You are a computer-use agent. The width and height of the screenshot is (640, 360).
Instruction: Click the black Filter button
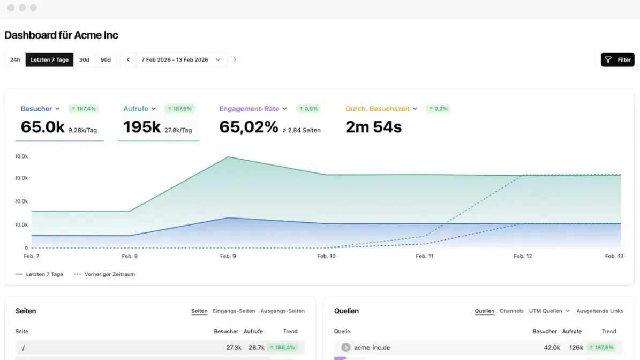pos(617,59)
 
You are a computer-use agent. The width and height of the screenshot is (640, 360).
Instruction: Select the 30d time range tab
pos(84,59)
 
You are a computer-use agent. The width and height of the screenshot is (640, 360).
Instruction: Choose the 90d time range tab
pos(106,59)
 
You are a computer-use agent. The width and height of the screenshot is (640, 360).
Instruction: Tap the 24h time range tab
pos(15,59)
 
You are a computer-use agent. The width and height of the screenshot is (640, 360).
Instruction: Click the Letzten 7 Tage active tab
pos(49,59)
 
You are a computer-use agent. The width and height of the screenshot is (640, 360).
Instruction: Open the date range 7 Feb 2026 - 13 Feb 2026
pos(181,59)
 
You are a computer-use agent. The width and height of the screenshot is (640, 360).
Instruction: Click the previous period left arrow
pos(128,59)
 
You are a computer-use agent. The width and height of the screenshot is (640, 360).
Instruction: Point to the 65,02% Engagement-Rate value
pos(249,127)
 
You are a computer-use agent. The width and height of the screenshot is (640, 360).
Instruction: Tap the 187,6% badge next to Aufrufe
pos(179,109)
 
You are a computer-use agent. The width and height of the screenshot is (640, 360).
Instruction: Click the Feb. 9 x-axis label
pos(228,256)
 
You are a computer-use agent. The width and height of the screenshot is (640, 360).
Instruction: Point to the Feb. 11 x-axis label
pos(425,256)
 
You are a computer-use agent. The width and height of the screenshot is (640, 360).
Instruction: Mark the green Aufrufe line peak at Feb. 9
pos(228,157)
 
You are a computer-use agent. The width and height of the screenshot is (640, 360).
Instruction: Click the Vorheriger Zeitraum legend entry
pos(104,274)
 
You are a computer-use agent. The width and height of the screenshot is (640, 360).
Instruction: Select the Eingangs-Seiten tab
pos(234,311)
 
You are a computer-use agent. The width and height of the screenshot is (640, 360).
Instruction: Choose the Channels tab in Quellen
pos(511,311)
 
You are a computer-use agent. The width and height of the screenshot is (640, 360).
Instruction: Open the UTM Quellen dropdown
pos(549,311)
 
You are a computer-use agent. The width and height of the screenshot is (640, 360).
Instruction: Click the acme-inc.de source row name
pos(372,347)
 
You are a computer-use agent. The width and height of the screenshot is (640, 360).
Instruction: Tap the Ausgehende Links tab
pos(600,311)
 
